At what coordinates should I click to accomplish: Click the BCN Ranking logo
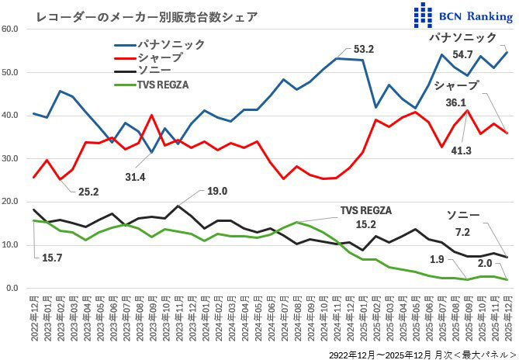click(x=462, y=15)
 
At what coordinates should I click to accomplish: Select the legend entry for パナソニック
click(x=171, y=44)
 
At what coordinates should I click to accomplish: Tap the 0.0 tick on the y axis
click(x=12, y=289)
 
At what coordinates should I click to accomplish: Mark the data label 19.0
click(x=217, y=192)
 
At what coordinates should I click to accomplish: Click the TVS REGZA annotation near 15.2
click(x=366, y=210)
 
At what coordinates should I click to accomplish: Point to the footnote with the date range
click(x=419, y=351)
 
